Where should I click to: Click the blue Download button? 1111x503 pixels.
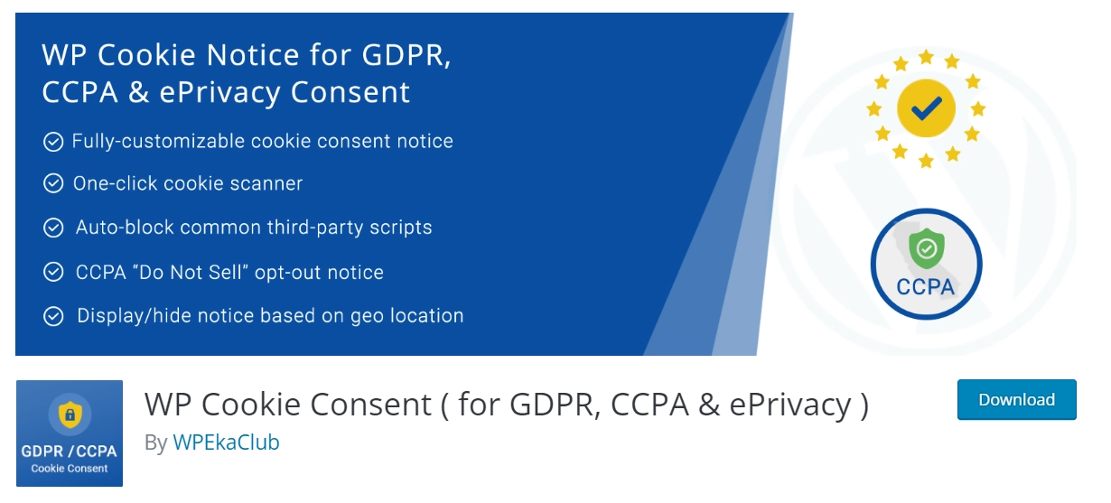click(1016, 400)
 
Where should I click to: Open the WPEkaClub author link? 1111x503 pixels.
click(226, 442)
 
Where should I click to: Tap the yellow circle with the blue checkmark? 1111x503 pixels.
click(926, 110)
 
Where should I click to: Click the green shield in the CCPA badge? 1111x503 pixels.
click(925, 249)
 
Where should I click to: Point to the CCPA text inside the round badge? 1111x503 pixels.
click(926, 287)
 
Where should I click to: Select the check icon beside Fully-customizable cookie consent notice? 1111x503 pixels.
click(53, 142)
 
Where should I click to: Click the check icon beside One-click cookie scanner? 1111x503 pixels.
click(53, 183)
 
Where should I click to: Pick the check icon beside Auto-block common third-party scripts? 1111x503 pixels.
click(53, 228)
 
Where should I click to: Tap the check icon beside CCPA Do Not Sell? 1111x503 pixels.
click(53, 272)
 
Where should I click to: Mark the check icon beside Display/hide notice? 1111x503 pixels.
click(53, 316)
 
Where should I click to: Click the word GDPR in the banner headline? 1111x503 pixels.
click(406, 56)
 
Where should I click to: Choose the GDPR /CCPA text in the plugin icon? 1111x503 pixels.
click(70, 451)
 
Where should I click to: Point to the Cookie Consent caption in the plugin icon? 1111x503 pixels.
click(70, 469)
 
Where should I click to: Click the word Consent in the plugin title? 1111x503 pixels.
click(372, 404)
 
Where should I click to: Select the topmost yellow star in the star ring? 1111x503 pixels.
click(926, 57)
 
